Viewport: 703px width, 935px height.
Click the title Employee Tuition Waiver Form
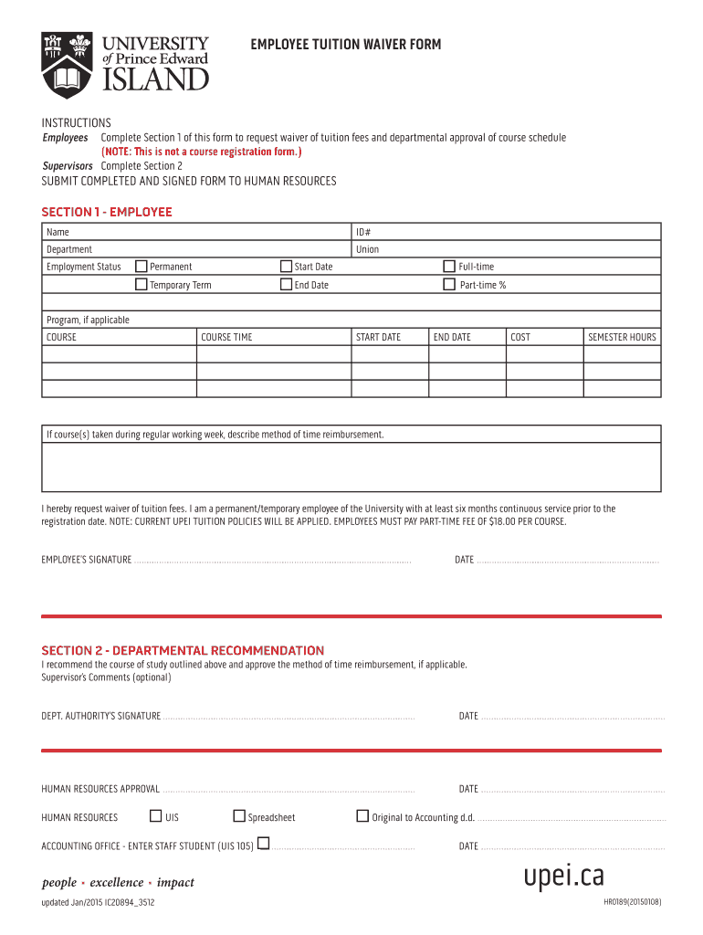coord(346,44)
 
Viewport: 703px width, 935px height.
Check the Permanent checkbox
coord(141,267)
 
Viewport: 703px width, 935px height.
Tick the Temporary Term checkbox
coord(141,285)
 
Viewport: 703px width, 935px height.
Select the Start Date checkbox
coord(286,267)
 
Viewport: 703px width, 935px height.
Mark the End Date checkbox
coord(286,285)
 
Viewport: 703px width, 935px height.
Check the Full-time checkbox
coord(448,267)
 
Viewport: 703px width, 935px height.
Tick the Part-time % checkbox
coord(448,285)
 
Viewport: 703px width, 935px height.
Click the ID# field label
coord(363,232)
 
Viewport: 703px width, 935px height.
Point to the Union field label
coord(367,249)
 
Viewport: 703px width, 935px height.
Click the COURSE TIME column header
coord(226,337)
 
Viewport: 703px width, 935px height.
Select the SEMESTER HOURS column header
coord(622,337)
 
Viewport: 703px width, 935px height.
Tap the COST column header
coord(519,337)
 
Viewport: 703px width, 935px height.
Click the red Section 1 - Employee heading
coord(107,212)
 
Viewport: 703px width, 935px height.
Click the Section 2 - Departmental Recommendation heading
coord(183,650)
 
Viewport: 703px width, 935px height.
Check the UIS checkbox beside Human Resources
coord(156,816)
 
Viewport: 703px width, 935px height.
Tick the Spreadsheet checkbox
coord(239,816)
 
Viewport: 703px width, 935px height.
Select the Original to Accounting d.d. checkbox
coord(362,816)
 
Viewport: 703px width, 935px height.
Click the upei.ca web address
coord(563,876)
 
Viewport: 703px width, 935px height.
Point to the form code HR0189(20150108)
coord(632,902)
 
